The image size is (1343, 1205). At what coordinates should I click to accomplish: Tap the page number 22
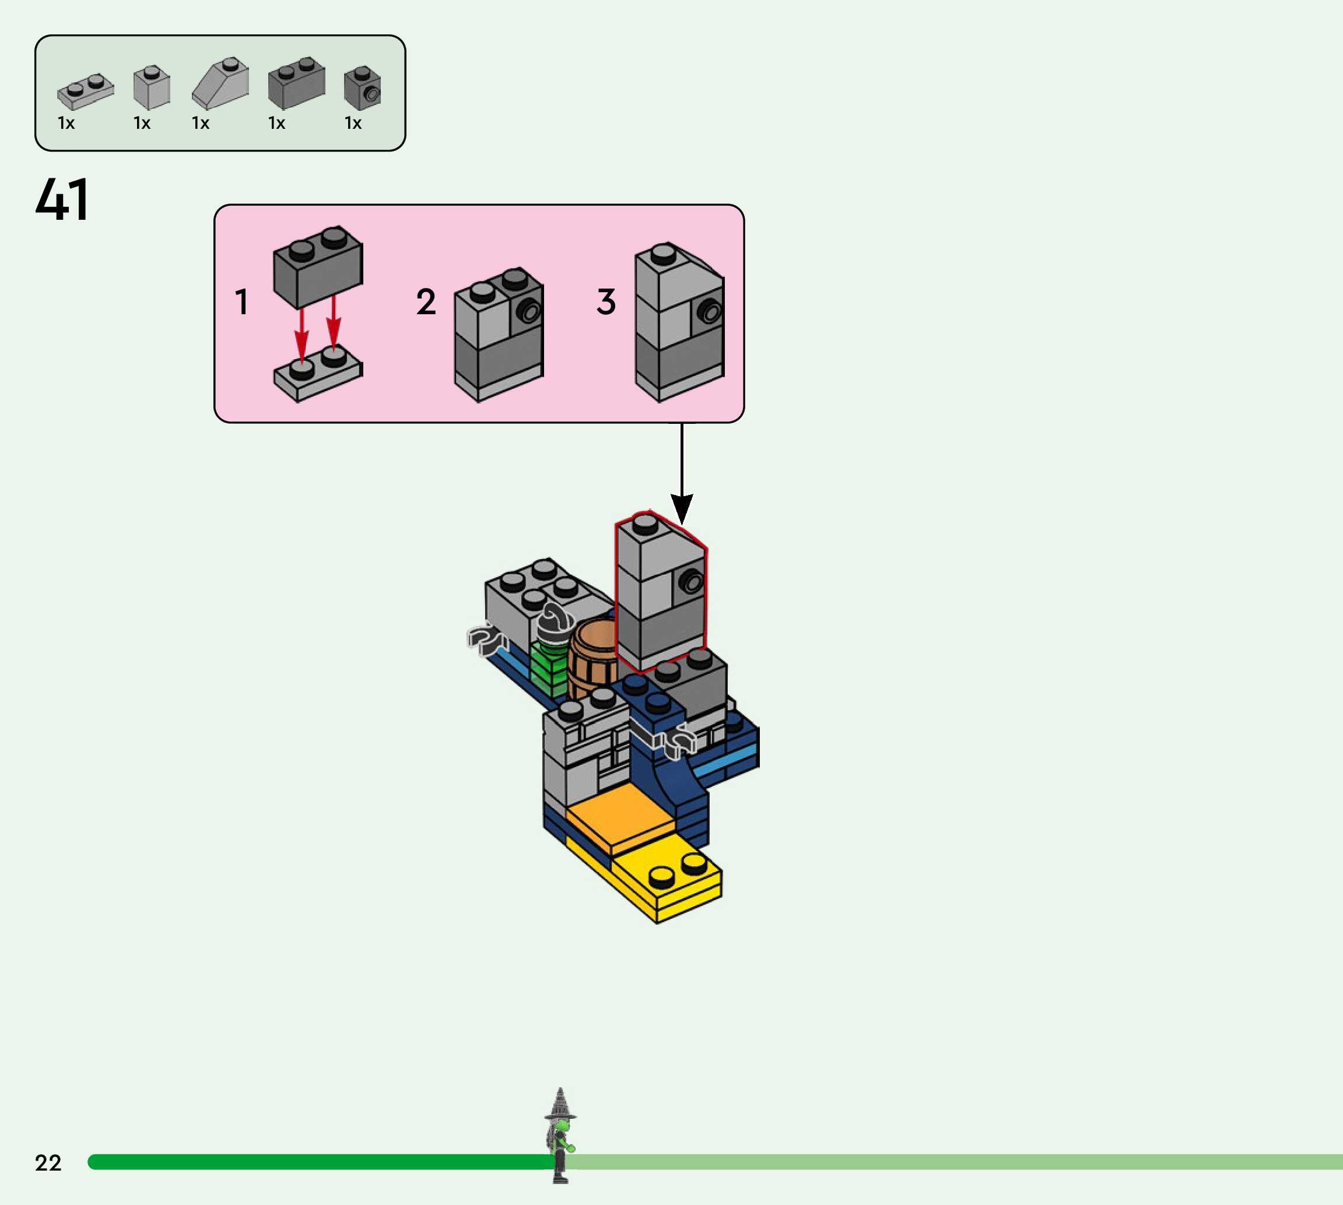[x=48, y=1162]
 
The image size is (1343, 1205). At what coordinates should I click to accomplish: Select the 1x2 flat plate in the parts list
[x=85, y=91]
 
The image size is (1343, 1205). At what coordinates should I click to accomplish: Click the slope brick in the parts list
[x=221, y=83]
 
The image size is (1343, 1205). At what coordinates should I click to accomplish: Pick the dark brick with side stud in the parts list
[x=362, y=88]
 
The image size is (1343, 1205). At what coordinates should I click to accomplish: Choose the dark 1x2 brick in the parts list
[x=296, y=83]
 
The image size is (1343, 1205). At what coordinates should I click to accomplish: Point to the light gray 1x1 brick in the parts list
[x=152, y=87]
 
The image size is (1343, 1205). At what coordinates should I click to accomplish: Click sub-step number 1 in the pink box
[x=241, y=302]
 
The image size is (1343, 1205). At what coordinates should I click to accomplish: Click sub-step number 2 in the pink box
[x=426, y=302]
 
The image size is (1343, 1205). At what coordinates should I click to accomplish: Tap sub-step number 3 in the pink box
[x=606, y=302]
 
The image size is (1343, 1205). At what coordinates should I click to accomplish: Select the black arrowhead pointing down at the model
[x=682, y=508]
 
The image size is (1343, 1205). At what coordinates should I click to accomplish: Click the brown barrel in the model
[x=591, y=659]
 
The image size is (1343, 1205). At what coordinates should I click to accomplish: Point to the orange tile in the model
[x=619, y=818]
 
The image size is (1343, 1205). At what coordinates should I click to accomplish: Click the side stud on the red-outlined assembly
[x=692, y=582]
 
